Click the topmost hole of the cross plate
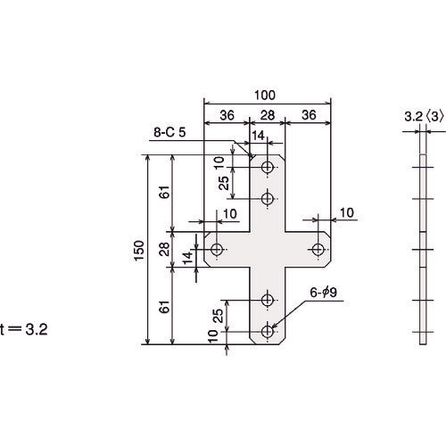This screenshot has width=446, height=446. pos(268,168)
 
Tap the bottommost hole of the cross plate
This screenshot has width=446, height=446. pos(268,331)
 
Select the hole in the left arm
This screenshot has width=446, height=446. pos(218,249)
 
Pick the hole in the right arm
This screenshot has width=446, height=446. pos(318,249)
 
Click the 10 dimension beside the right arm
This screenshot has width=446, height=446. pos(346,211)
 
